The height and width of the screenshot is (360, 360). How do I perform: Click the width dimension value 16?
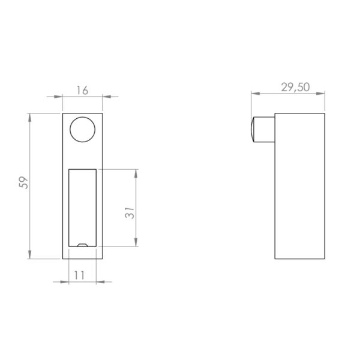coord(83,91)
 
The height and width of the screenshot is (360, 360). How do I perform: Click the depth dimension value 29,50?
coord(295,86)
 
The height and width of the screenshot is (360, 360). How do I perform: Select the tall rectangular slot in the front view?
coord(82,207)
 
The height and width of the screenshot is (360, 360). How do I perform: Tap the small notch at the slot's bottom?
coord(83,245)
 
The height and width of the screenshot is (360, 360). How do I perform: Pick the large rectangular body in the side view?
coord(300,186)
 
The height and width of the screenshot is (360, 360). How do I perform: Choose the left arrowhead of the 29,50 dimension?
coord(253,94)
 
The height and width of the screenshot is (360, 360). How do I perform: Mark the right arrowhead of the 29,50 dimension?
coord(323,94)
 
